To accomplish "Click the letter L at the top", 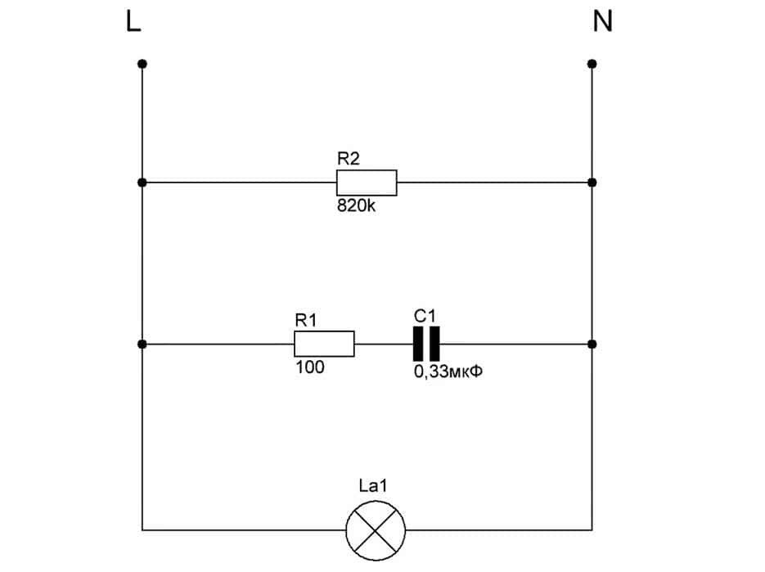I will [x=133, y=22].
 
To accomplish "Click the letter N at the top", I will [x=602, y=22].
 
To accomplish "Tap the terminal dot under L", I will [x=142, y=64].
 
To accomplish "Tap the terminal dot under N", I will [x=592, y=64].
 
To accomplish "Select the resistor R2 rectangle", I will [x=367, y=182].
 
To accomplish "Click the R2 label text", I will [x=349, y=160].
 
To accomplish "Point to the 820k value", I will [x=356, y=206].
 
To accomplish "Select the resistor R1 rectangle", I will [x=324, y=345].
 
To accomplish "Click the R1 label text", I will [x=306, y=322].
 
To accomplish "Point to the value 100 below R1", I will [x=309, y=368].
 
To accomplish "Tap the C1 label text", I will [x=425, y=316].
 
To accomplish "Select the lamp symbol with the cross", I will [x=376, y=529].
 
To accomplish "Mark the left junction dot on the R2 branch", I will [x=142, y=182].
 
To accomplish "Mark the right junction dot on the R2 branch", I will [x=592, y=182].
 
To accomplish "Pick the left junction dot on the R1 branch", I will [x=142, y=345].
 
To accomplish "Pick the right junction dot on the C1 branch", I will [x=592, y=345].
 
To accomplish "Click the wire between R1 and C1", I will [x=384, y=345].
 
